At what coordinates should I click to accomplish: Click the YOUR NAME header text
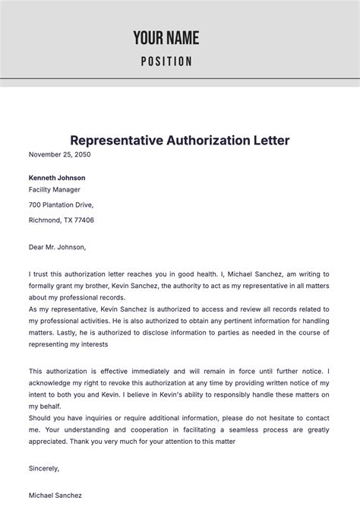(x=166, y=37)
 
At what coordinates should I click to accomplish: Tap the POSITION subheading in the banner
(x=166, y=62)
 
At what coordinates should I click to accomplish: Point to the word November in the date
(x=46, y=154)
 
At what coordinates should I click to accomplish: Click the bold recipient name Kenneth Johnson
(x=57, y=178)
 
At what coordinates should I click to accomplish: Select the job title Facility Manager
(x=54, y=189)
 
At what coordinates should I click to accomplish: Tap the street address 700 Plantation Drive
(x=62, y=205)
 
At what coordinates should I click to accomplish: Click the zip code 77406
(x=82, y=220)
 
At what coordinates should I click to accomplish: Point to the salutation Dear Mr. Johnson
(x=58, y=247)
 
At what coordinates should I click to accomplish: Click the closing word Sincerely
(x=44, y=468)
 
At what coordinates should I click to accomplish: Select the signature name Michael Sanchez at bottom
(x=55, y=495)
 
